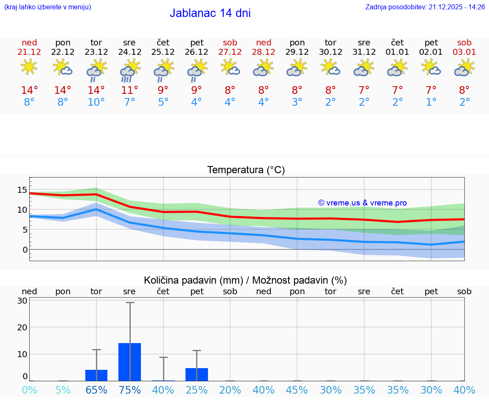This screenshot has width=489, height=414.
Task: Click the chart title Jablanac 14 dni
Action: pos(210,13)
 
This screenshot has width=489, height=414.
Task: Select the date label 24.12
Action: pos(129,52)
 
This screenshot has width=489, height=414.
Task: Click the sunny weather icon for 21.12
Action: pos(29,67)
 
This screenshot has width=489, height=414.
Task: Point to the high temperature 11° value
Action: pos(129,90)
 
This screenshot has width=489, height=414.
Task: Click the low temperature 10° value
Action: pos(96,102)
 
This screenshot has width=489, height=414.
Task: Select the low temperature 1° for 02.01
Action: pos(431,102)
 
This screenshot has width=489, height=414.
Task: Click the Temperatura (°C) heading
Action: pos(246,170)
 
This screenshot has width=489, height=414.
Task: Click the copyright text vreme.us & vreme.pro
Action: pos(362,203)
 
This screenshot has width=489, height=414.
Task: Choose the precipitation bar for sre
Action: pos(129,362)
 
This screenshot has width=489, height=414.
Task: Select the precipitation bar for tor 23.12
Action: pos(96,375)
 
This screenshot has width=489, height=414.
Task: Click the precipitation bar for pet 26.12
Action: pos(197,375)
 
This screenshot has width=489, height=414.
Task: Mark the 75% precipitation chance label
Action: pos(129,390)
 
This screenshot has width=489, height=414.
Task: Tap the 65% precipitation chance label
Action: pos(96,390)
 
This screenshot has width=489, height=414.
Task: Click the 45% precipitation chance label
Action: pos(297,390)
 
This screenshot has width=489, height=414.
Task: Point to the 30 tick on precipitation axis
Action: pos(22,301)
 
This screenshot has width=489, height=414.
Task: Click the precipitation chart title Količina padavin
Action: pos(245,280)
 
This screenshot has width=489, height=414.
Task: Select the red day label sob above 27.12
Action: pos(230,42)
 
